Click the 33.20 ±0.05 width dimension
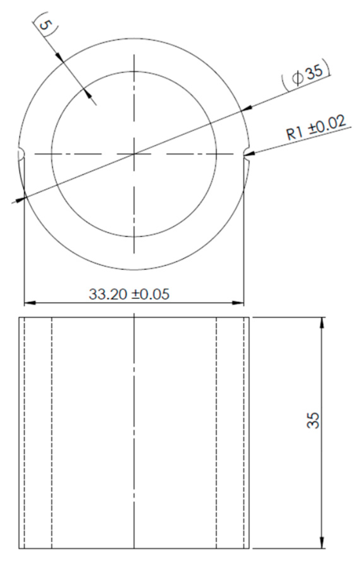[129, 294]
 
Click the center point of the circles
[134, 154]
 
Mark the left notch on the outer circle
[22, 154]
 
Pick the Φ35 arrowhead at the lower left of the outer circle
[21, 199]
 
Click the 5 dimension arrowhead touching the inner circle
[87, 92]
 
